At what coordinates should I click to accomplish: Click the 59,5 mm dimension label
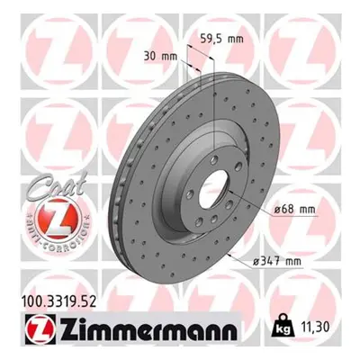pos(221,39)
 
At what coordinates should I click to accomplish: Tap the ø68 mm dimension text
pos(294,209)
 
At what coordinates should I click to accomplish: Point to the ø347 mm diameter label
pos(276,262)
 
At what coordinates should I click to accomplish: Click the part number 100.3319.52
pos(58,301)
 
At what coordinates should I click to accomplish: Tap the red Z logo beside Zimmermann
pos(40,329)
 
